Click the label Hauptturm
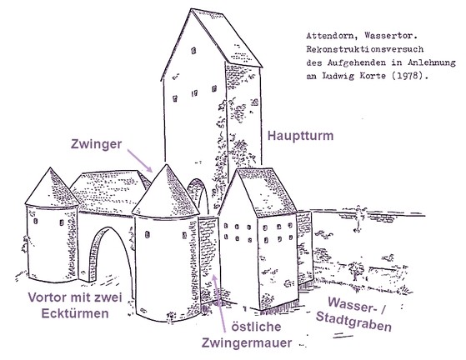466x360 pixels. pyautogui.click(x=300, y=136)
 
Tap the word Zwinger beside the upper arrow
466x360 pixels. pyautogui.click(x=97, y=144)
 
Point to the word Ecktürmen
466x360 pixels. pyautogui.click(x=75, y=313)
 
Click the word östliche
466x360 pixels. pyautogui.click(x=256, y=327)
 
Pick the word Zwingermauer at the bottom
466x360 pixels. pyautogui.click(x=247, y=342)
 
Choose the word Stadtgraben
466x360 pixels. pyautogui.click(x=353, y=322)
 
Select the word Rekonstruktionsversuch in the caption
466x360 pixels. pyautogui.click(x=365, y=49)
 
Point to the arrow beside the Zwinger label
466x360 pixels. pyautogui.click(x=140, y=161)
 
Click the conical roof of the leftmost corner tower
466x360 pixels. pyautogui.click(x=52, y=187)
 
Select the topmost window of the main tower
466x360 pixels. pyautogui.click(x=193, y=51)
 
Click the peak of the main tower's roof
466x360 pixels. pyautogui.click(x=191, y=9)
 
